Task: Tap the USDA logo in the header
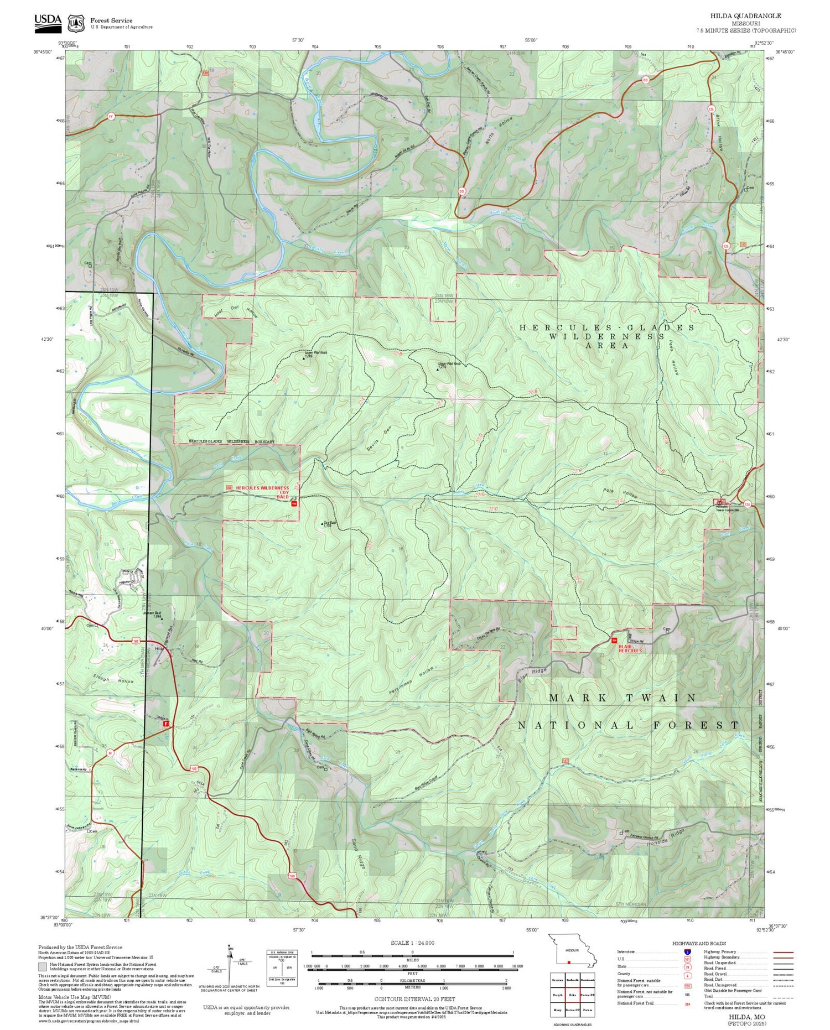pos(48,20)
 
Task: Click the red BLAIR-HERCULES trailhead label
pos(630,648)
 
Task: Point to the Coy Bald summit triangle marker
pos(323,523)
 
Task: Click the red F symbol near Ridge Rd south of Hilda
pos(165,723)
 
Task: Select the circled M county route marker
pos(110,753)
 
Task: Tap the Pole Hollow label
pos(623,493)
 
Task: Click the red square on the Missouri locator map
pos(568,963)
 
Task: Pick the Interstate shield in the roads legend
pos(687,951)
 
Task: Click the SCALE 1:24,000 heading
pos(412,943)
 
